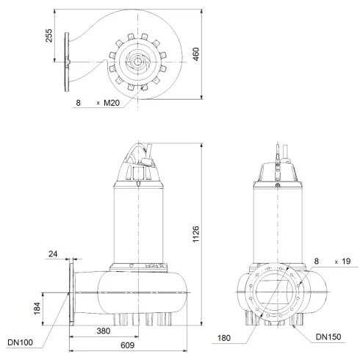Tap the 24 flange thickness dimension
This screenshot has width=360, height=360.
click(52, 256)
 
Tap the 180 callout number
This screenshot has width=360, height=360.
click(223, 339)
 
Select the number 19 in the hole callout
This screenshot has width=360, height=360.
click(345, 261)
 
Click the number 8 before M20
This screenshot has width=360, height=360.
click(77, 104)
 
